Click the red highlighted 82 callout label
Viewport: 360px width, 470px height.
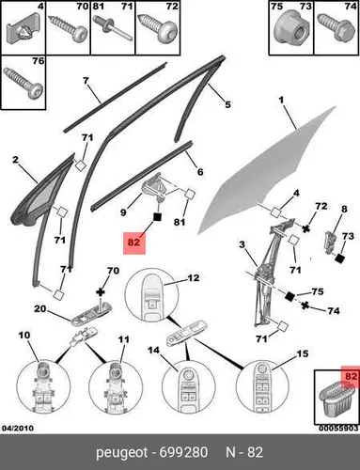[134, 243]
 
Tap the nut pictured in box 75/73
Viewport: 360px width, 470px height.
[290, 29]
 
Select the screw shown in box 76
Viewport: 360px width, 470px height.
[23, 83]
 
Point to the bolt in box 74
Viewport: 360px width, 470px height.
[336, 26]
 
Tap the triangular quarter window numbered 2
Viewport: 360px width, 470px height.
[44, 195]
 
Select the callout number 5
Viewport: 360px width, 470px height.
[227, 104]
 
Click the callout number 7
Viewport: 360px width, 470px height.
[86, 81]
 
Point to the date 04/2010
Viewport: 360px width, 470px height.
[18, 428]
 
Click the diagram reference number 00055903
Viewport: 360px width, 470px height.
[338, 428]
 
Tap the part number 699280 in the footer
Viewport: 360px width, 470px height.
[183, 452]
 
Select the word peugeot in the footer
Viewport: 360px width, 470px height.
[121, 453]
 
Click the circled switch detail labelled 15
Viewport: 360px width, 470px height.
[262, 386]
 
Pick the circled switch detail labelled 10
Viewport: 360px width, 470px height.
[43, 386]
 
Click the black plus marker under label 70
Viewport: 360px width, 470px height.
[101, 292]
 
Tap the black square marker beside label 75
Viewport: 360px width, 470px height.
[290, 295]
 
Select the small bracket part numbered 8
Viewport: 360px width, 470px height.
[329, 242]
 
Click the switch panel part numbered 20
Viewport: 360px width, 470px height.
[91, 314]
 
